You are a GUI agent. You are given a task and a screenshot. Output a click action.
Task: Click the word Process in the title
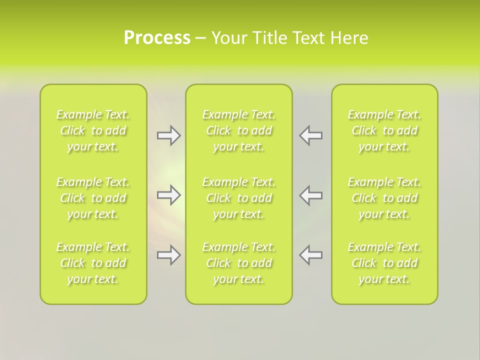click(x=157, y=38)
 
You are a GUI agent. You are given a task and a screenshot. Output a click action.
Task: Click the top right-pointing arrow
click(x=169, y=135)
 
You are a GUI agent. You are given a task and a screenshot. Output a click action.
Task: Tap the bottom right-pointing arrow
click(x=169, y=255)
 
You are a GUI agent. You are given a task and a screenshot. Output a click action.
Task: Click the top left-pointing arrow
click(x=310, y=135)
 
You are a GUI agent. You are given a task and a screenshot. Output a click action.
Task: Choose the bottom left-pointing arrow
click(x=310, y=255)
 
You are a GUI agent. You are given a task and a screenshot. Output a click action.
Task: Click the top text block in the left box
click(x=93, y=130)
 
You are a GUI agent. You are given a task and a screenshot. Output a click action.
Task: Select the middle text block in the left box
click(x=93, y=198)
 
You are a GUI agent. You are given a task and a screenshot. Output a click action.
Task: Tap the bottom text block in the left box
click(x=93, y=263)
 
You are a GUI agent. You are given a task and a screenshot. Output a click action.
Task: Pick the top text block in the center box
click(x=238, y=130)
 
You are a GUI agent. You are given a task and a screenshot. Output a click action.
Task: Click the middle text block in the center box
click(x=238, y=198)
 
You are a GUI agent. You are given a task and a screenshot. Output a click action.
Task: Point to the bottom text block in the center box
click(x=238, y=263)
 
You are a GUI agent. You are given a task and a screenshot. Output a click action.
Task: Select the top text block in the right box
click(x=384, y=130)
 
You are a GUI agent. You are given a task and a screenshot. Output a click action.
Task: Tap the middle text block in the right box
click(x=384, y=198)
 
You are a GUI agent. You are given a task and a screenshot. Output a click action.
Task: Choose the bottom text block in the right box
click(x=384, y=263)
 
